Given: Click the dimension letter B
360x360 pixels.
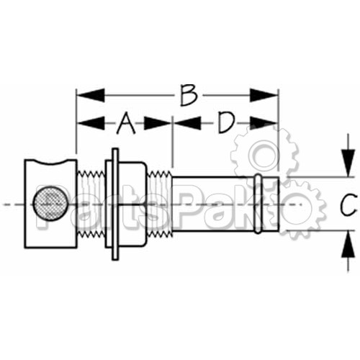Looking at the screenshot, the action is point(189,95).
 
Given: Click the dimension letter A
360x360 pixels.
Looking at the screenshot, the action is point(126,123).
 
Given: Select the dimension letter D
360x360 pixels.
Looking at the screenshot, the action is point(226,123).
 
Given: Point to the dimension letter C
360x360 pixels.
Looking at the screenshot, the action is point(348,204).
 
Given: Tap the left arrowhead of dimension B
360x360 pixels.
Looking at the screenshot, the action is point(91,95).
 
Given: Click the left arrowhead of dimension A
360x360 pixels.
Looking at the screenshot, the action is point(91,123).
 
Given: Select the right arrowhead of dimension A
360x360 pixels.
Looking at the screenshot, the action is point(158,123).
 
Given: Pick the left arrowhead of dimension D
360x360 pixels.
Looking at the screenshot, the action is point(187,123).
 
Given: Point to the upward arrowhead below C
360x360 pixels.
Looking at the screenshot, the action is point(348,244).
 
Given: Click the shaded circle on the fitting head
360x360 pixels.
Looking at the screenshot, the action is point(50,204).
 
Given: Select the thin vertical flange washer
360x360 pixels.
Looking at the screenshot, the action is point(115,204).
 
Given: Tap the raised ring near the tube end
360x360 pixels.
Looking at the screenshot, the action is point(258,204).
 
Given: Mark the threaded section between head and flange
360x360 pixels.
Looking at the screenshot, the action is point(91,204).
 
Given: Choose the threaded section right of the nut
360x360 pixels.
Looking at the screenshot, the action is point(159,204).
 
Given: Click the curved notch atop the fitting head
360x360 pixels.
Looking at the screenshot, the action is point(51,162).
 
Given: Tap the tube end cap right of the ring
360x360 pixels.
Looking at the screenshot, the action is point(270,204).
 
